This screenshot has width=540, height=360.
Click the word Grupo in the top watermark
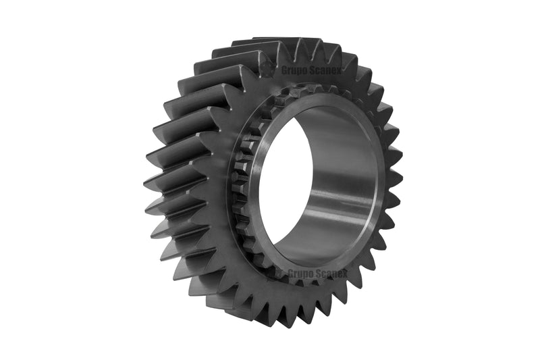292,71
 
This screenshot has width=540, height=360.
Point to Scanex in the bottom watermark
330,274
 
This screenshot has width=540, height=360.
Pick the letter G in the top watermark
284,70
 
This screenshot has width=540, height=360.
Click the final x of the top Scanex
338,72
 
